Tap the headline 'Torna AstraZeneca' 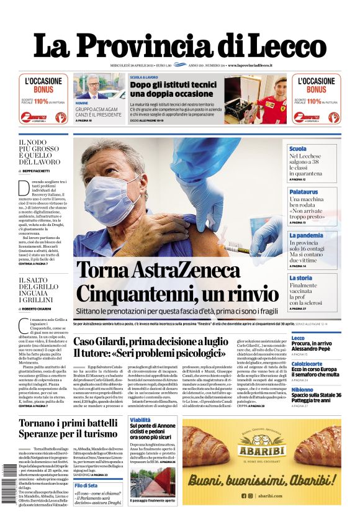(158, 271)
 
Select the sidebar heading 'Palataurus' (304, 192)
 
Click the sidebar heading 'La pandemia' (305, 236)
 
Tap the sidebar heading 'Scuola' (297, 149)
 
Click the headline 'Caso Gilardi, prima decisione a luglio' (150, 341)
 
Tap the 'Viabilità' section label (140, 420)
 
